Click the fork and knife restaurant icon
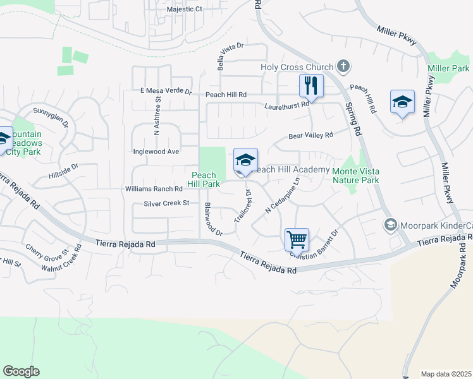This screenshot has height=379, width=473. pos(310,85)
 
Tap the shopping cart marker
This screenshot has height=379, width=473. pos(296,239)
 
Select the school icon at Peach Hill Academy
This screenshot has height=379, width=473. pos(245,160)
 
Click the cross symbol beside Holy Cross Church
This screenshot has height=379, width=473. pos(343,66)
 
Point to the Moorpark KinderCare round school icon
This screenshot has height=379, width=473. pos(390,225)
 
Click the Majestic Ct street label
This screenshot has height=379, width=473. pos(184,9)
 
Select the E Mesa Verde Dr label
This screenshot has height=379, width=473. pos(166,91)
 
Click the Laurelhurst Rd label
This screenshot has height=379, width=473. pos(286,104)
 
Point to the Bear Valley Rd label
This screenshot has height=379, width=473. pos(310,135)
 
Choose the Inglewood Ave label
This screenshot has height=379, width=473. pos(156,152)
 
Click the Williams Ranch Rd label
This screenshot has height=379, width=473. pos(154,189)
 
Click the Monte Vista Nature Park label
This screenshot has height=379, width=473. pos(355,175)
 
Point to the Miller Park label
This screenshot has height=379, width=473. pos(448,68)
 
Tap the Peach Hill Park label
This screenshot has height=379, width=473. pos(203,179)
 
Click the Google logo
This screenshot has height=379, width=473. pos(21,371)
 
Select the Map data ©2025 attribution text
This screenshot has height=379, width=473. pos(446,374)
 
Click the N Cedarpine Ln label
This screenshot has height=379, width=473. pos(281,198)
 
